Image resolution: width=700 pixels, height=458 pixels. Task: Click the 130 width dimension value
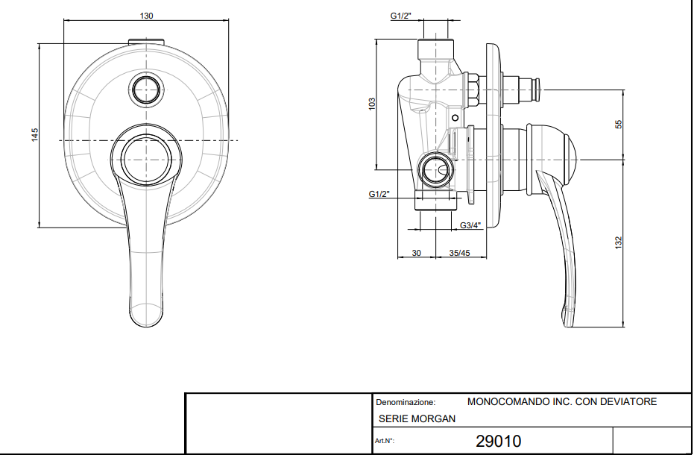point(146,16)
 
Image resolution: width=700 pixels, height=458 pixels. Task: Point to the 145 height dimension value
point(35,135)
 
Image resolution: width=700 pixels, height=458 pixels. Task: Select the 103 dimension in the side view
point(372,104)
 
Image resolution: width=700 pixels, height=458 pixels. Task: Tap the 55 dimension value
point(618,125)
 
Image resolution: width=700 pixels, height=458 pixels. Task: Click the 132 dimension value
point(618,243)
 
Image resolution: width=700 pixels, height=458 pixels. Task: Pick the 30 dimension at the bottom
point(416,253)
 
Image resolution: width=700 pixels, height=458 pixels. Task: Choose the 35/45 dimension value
point(459,253)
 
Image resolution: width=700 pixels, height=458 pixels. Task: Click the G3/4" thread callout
point(470,226)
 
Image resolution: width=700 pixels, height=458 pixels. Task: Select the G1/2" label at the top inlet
point(401,16)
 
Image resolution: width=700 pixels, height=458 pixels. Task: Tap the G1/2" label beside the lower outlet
point(379,194)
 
